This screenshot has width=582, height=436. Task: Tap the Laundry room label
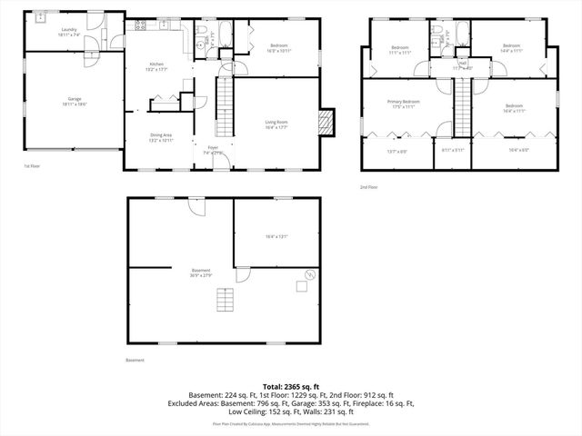[68, 30]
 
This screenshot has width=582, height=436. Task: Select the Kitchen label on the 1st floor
[156, 64]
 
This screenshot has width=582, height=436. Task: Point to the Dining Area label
[162, 135]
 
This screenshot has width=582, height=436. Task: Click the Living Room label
[276, 122]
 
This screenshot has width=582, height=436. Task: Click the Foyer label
[213, 147]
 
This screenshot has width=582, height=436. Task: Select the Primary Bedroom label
[403, 102]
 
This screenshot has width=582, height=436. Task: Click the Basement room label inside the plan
[201, 270]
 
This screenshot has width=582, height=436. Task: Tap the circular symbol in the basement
[309, 273]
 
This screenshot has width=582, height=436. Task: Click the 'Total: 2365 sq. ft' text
[291, 387]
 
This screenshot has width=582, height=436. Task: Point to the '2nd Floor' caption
[368, 186]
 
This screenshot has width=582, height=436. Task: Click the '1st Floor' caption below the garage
[32, 166]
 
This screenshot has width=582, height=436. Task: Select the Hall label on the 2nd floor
[463, 64]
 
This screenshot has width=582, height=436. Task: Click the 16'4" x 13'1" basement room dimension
[276, 236]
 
